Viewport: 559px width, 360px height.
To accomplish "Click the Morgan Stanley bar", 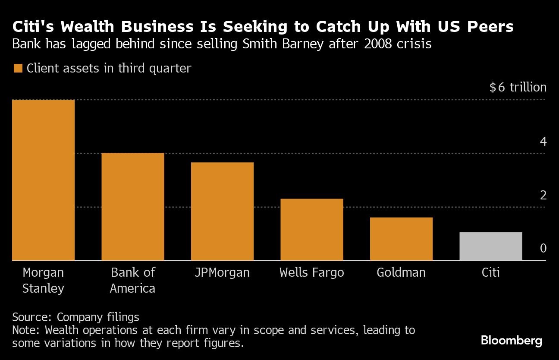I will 43,180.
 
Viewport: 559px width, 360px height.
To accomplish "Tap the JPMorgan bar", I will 222,211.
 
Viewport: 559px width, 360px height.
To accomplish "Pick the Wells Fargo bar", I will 311,229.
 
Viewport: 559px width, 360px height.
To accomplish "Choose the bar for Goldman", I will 401,239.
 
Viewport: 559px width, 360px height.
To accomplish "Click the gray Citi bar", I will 490,246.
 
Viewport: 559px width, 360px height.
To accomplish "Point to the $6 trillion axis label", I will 518,88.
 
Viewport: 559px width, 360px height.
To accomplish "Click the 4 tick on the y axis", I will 543,142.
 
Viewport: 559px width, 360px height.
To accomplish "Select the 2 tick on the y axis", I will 543,195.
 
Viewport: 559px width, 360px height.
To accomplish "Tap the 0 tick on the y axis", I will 543,249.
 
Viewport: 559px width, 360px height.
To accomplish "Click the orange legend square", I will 18,68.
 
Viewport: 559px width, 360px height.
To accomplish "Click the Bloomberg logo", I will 512,341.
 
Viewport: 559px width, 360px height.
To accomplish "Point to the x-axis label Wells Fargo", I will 311,273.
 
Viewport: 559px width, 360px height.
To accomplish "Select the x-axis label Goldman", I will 401,273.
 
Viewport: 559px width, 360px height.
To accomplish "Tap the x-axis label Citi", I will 490,273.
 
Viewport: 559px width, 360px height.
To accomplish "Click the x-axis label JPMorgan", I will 222,273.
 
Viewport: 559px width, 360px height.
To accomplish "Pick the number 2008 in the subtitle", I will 379,44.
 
